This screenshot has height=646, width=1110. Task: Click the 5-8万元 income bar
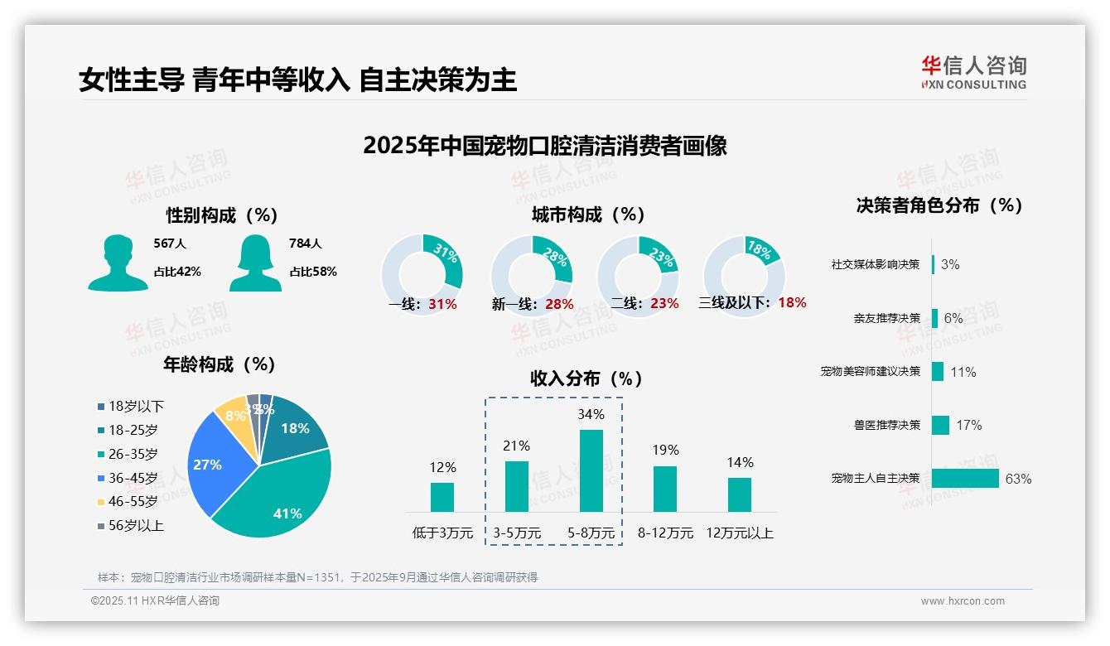(591, 470)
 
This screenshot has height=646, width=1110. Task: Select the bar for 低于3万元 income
(442, 497)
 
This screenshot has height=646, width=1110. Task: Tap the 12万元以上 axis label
(739, 533)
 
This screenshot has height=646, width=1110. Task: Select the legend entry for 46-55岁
(133, 502)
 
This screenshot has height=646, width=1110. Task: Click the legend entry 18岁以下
(136, 406)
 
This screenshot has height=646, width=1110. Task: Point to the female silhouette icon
(255, 263)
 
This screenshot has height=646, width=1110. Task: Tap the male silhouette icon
(118, 263)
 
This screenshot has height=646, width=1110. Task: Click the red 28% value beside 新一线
(559, 304)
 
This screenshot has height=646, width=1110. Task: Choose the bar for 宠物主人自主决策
(965, 479)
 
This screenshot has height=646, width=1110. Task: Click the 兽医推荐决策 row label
(887, 425)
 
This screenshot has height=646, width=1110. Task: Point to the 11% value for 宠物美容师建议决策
(963, 372)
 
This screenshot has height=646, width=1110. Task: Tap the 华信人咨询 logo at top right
(973, 72)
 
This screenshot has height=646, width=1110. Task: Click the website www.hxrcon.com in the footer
(963, 601)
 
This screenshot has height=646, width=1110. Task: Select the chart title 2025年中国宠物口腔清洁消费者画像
(545, 146)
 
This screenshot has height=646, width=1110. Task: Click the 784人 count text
(306, 243)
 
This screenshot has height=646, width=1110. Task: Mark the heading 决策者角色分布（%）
(939, 205)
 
